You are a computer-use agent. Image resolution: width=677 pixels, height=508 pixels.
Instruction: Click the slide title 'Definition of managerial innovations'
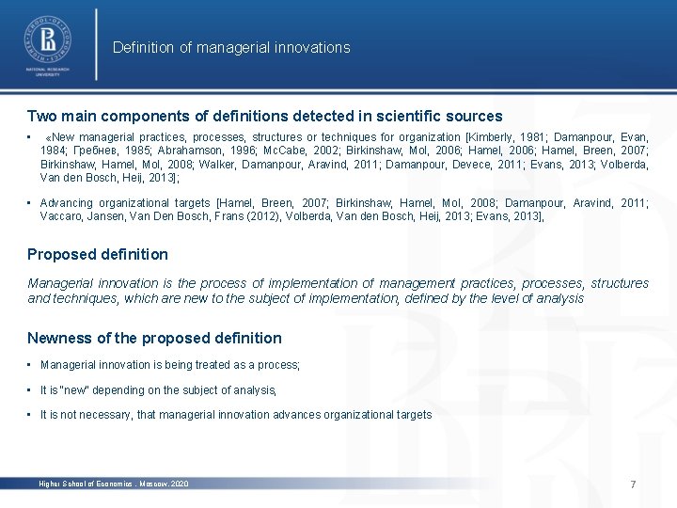(x=231, y=47)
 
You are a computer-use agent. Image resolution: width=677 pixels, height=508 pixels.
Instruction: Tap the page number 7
(x=633, y=484)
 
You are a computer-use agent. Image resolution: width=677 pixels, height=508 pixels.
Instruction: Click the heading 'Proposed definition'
(x=98, y=254)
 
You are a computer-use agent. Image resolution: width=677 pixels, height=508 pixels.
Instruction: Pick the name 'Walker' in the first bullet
(x=208, y=164)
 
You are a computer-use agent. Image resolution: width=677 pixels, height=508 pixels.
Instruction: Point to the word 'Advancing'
(x=67, y=203)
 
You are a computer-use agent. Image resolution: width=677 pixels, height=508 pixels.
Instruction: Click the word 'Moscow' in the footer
(x=152, y=484)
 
